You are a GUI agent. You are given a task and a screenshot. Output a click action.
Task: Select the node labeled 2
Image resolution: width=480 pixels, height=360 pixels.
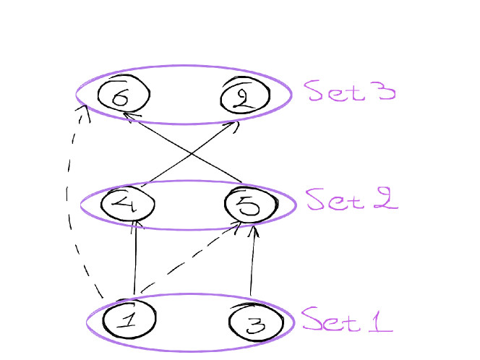(x=244, y=96)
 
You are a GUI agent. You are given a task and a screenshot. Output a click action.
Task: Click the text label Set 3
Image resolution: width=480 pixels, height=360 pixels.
(x=349, y=91)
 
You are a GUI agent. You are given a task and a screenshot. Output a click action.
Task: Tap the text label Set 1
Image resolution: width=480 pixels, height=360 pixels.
(x=347, y=319)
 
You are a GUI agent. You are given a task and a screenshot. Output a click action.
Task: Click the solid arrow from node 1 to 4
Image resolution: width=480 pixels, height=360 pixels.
(x=135, y=260)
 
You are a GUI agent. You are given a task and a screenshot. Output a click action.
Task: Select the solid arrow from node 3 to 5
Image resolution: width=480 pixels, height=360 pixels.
(x=252, y=264)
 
